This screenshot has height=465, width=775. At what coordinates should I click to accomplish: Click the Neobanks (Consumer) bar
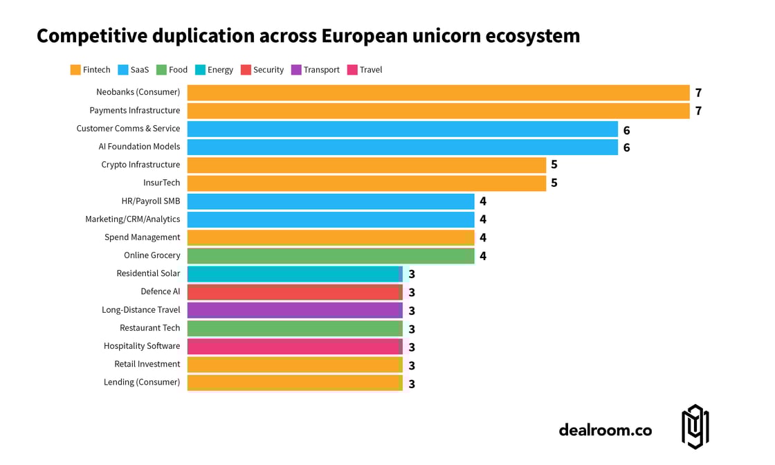tap(438, 93)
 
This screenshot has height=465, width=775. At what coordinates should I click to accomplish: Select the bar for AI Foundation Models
tap(402, 147)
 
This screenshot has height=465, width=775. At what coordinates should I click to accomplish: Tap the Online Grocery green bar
tap(331, 255)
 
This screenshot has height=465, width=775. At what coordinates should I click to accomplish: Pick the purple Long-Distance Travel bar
tap(295, 310)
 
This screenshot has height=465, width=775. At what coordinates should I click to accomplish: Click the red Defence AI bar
tap(295, 292)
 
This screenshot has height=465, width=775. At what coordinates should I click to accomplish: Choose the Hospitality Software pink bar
tap(295, 346)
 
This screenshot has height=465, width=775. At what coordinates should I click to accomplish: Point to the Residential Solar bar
tap(295, 274)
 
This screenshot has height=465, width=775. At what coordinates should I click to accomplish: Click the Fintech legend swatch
tap(75, 70)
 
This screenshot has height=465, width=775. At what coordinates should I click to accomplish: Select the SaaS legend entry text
tap(140, 70)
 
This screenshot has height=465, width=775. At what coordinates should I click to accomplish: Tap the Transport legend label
tap(322, 70)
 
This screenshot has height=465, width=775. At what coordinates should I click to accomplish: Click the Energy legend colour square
tap(201, 70)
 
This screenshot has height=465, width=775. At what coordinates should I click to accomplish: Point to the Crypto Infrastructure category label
tap(140, 165)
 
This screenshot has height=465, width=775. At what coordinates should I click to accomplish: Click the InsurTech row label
tap(161, 183)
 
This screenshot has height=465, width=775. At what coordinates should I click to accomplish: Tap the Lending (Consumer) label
tap(142, 382)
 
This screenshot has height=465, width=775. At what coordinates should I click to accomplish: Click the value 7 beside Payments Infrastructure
tap(698, 111)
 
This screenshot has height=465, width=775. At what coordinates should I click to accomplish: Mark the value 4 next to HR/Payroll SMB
tap(483, 201)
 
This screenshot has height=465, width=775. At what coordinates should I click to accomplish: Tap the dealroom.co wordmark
tap(605, 430)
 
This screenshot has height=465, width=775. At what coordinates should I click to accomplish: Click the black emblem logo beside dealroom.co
tap(695, 427)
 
